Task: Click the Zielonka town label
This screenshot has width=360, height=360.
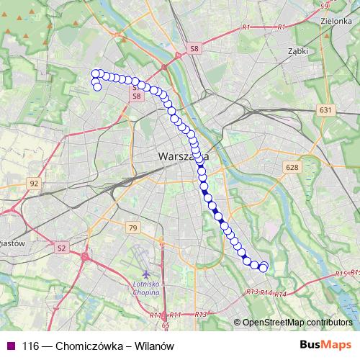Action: (333, 21)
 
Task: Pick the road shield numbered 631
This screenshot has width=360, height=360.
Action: (325, 110)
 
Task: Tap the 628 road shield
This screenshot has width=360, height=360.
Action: (291, 167)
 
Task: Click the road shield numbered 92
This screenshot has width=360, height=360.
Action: (34, 184)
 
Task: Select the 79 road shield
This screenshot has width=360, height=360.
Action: (132, 228)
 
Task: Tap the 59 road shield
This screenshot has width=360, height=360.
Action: (324, 6)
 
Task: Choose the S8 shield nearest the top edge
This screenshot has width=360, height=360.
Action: (194, 48)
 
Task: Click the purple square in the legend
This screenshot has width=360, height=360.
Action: (10, 346)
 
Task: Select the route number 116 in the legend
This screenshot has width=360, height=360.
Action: (30, 346)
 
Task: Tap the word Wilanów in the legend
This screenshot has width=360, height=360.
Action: (156, 346)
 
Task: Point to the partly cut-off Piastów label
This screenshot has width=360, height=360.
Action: (12, 243)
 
